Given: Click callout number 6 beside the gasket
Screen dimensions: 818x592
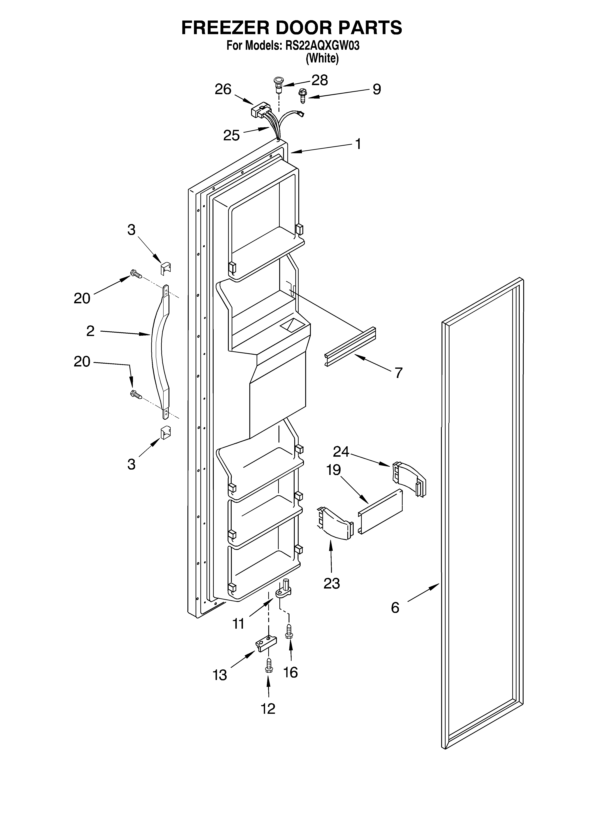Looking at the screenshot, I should (395, 608).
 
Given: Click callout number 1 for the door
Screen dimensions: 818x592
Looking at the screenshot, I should (358, 144).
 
